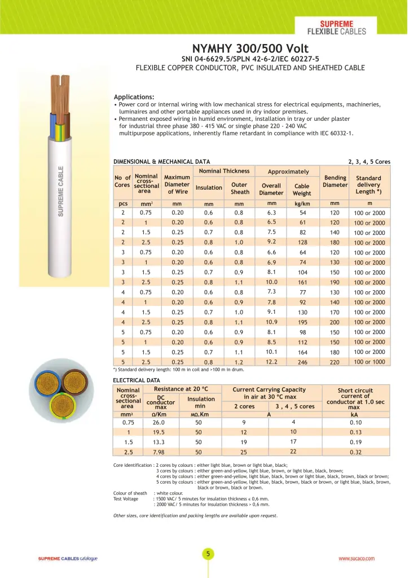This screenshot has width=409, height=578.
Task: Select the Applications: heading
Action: pos(134,97)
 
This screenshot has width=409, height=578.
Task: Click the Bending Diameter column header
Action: pos(335,181)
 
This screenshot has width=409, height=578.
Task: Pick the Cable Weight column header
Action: pos(302,189)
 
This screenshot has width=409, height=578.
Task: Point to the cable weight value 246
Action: pos(302,362)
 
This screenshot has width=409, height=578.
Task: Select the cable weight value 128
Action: pos(302,243)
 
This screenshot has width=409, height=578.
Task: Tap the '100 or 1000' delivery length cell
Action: pos(370,362)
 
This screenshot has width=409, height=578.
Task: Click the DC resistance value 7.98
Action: pos(159,452)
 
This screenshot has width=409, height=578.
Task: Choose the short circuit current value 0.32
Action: pos(355,452)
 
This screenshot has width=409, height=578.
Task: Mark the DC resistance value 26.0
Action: pos(159,422)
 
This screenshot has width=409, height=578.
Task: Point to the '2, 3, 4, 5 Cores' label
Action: pos(369,162)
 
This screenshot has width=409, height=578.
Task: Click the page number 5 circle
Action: pos(208,554)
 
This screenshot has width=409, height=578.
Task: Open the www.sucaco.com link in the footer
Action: pos(356,558)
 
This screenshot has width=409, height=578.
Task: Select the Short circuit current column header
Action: pos(355,398)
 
